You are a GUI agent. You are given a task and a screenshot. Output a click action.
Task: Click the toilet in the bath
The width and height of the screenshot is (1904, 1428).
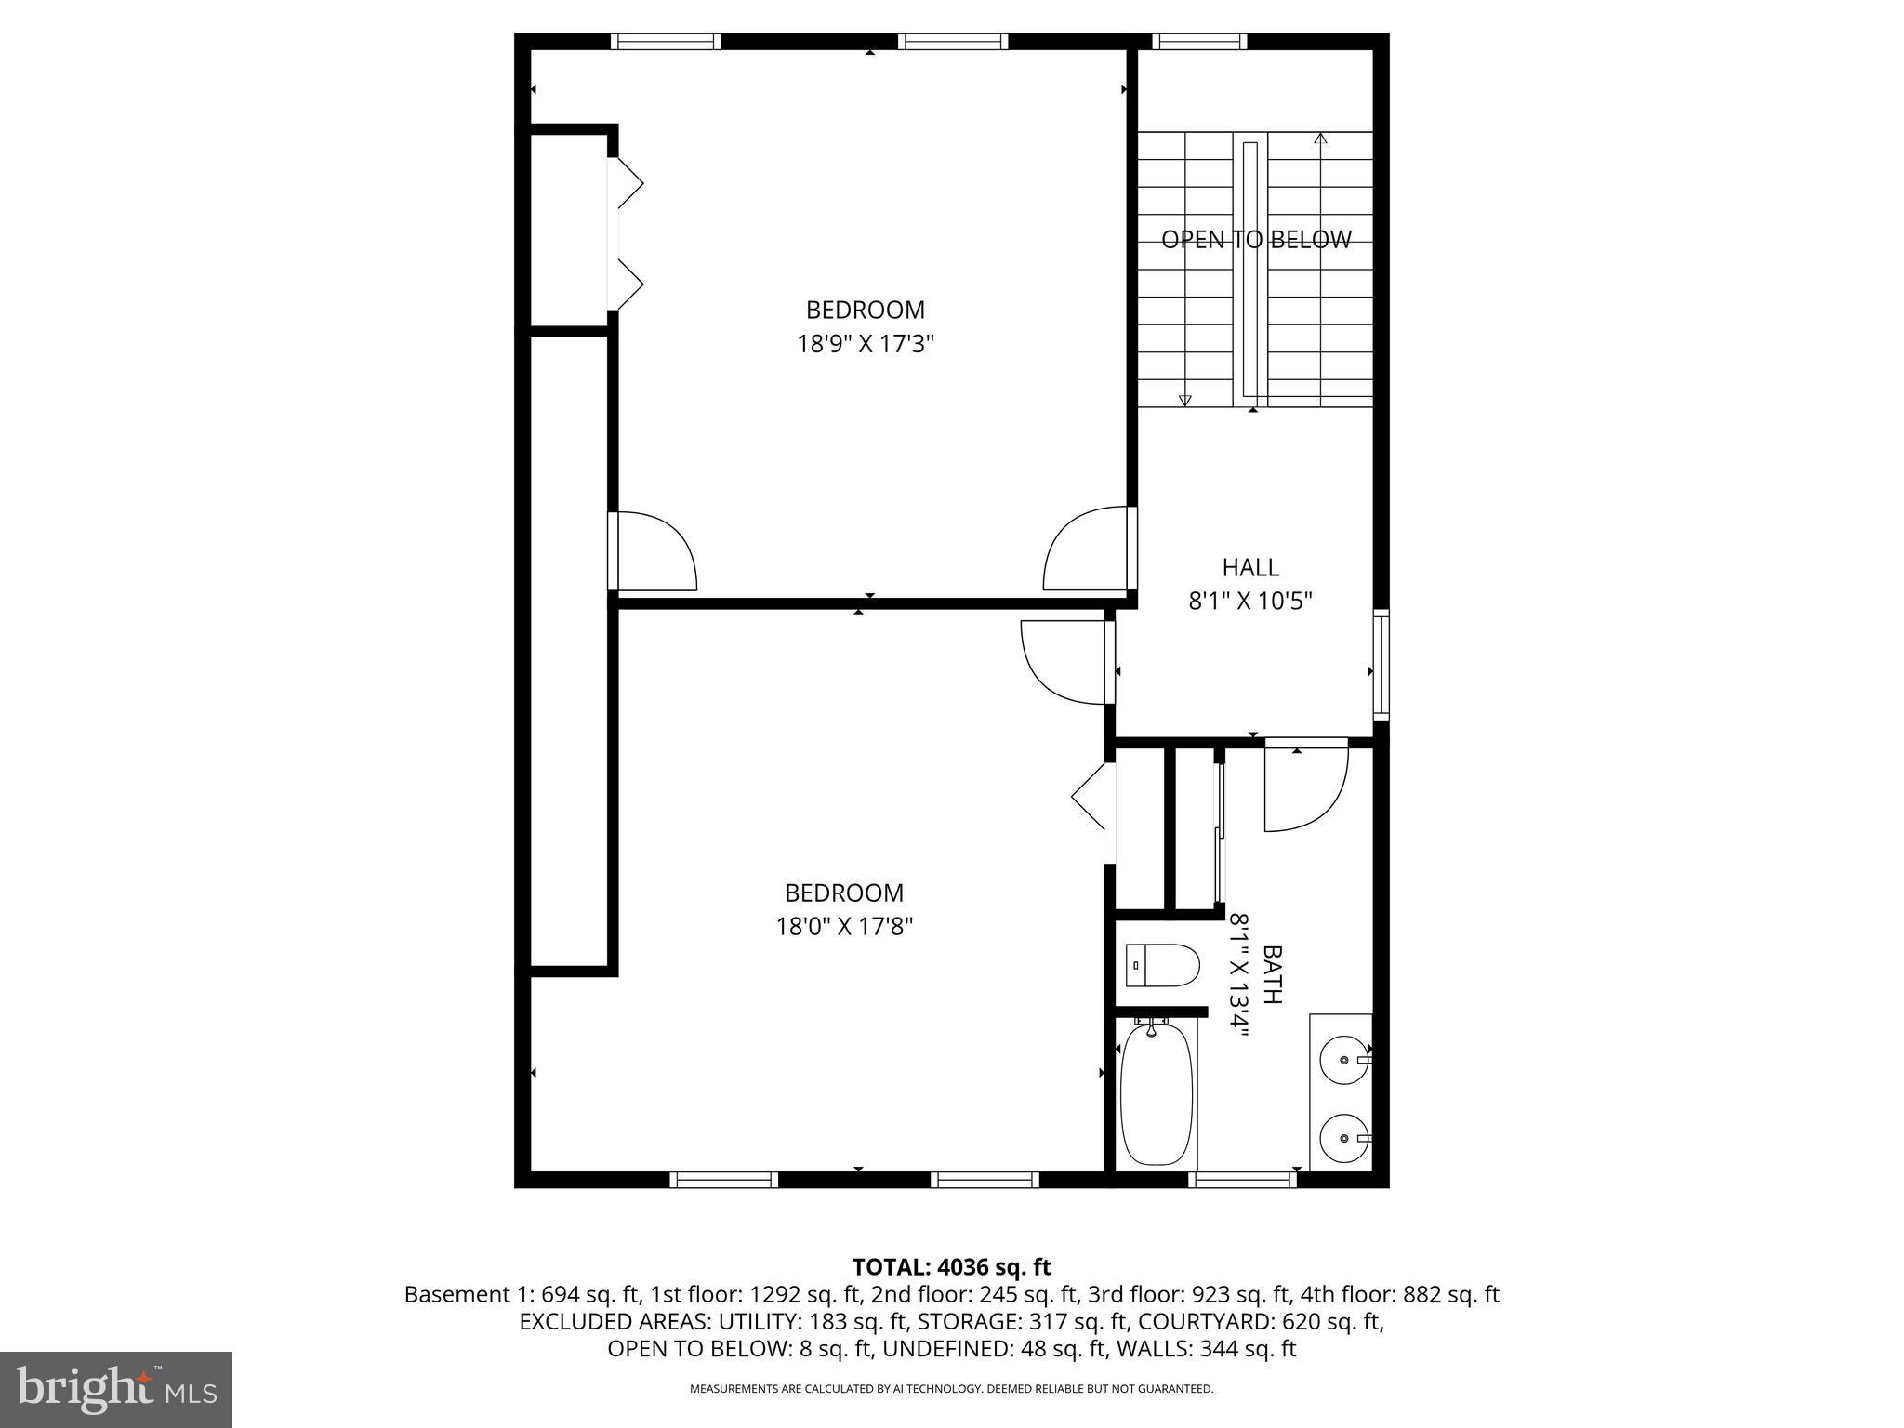point(1161,965)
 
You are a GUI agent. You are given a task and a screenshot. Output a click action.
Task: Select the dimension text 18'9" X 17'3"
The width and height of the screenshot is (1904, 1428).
point(865,344)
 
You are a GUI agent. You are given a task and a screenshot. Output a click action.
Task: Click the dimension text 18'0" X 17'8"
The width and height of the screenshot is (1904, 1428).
point(844,926)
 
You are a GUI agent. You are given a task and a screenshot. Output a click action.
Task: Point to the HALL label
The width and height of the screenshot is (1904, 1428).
point(1249,567)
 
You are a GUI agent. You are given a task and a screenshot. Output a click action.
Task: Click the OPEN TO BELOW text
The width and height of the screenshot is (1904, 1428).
point(1255,240)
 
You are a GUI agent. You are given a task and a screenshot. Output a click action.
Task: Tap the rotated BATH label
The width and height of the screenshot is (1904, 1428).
point(1272,974)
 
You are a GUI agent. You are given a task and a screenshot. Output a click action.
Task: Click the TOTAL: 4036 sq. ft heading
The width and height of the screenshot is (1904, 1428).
point(951,1266)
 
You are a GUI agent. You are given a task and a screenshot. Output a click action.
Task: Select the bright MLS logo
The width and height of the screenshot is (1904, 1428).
point(116,1389)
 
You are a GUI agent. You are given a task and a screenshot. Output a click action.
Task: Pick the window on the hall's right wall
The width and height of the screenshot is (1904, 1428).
point(1382,664)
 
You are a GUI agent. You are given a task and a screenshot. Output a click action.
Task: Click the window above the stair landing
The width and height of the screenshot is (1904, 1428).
point(1199,41)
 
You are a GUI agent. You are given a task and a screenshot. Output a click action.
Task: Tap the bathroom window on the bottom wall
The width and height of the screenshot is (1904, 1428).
point(1242,1179)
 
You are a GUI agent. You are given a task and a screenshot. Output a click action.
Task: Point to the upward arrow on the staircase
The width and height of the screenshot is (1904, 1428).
point(1320,139)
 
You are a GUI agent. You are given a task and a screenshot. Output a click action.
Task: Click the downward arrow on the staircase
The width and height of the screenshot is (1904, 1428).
point(1184,400)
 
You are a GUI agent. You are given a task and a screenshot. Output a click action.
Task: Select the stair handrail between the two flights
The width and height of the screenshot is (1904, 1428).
point(1250,270)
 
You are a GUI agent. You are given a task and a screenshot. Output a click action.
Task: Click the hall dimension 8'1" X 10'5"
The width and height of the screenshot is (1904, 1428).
point(1249,602)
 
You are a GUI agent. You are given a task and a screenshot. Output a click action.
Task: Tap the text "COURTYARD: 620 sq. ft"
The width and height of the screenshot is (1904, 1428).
point(1261,1321)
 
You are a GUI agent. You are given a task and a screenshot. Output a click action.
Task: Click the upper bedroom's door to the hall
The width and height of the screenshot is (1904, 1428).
point(1088,550)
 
